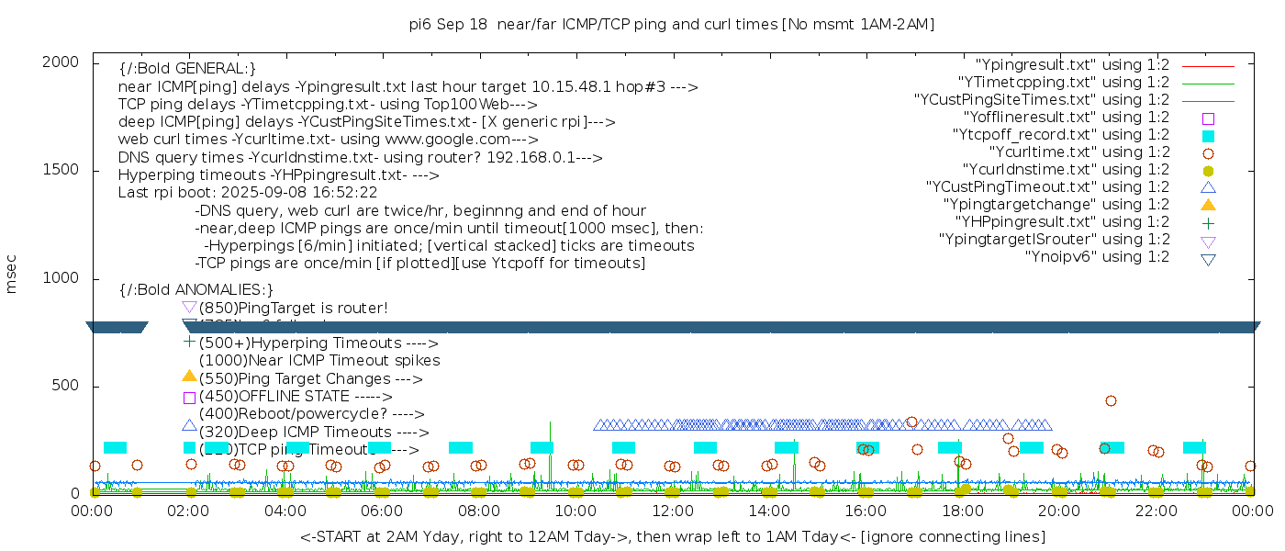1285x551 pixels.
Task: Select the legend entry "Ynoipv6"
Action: [1097, 257]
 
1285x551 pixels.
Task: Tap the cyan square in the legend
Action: [1208, 136]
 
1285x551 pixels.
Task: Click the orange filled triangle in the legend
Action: [1208, 204]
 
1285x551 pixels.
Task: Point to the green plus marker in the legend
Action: [1208, 222]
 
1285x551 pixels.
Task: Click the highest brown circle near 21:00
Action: [1111, 400]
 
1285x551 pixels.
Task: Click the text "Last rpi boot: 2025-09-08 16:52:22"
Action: [248, 193]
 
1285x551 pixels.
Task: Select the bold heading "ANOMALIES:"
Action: [196, 290]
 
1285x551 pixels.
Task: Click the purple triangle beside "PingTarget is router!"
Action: [189, 308]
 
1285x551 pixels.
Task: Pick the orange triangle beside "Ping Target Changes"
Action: [189, 377]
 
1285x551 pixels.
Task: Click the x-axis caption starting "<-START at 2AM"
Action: [672, 536]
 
